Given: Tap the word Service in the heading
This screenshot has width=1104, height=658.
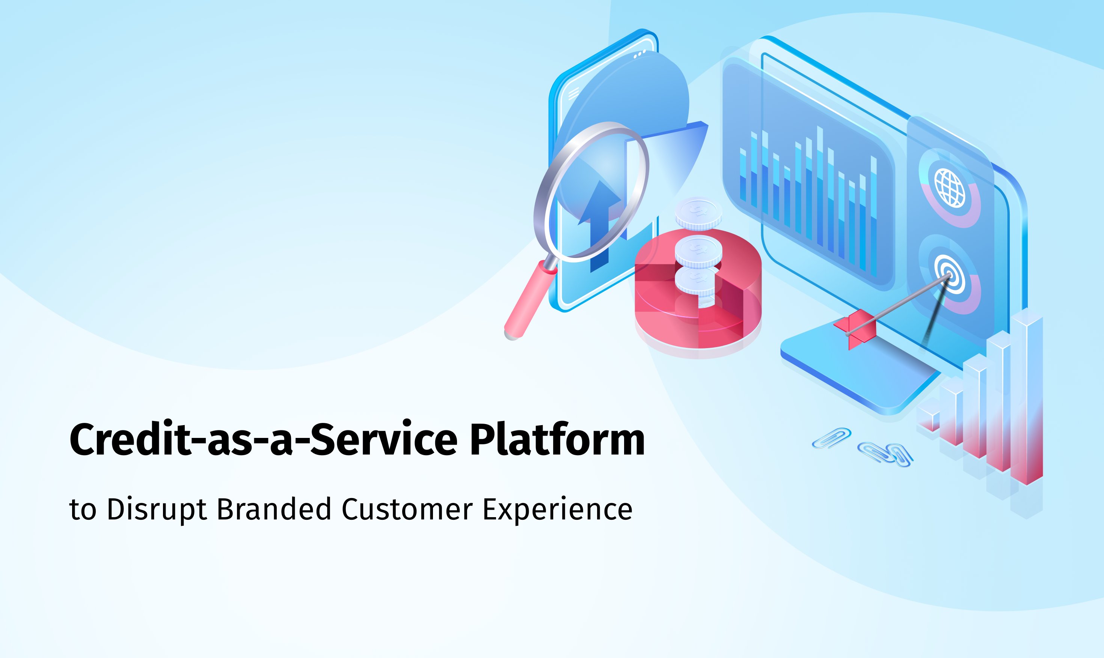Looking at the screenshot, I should point(383,440).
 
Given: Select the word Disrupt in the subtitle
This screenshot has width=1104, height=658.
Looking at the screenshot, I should point(157,510).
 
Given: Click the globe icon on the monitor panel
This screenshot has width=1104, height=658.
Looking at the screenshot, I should point(949,188).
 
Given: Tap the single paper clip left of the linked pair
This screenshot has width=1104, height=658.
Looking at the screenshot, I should point(831,438).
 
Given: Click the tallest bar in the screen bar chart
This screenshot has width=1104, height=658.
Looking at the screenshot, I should point(819,186).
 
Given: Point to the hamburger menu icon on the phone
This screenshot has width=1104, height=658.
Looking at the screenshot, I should point(573,93).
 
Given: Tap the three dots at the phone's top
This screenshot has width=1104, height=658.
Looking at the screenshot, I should point(639,54).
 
